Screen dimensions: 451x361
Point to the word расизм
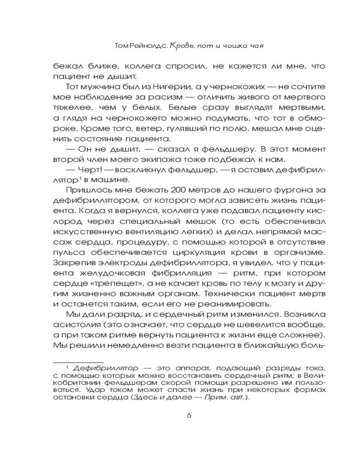tap(167, 97)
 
